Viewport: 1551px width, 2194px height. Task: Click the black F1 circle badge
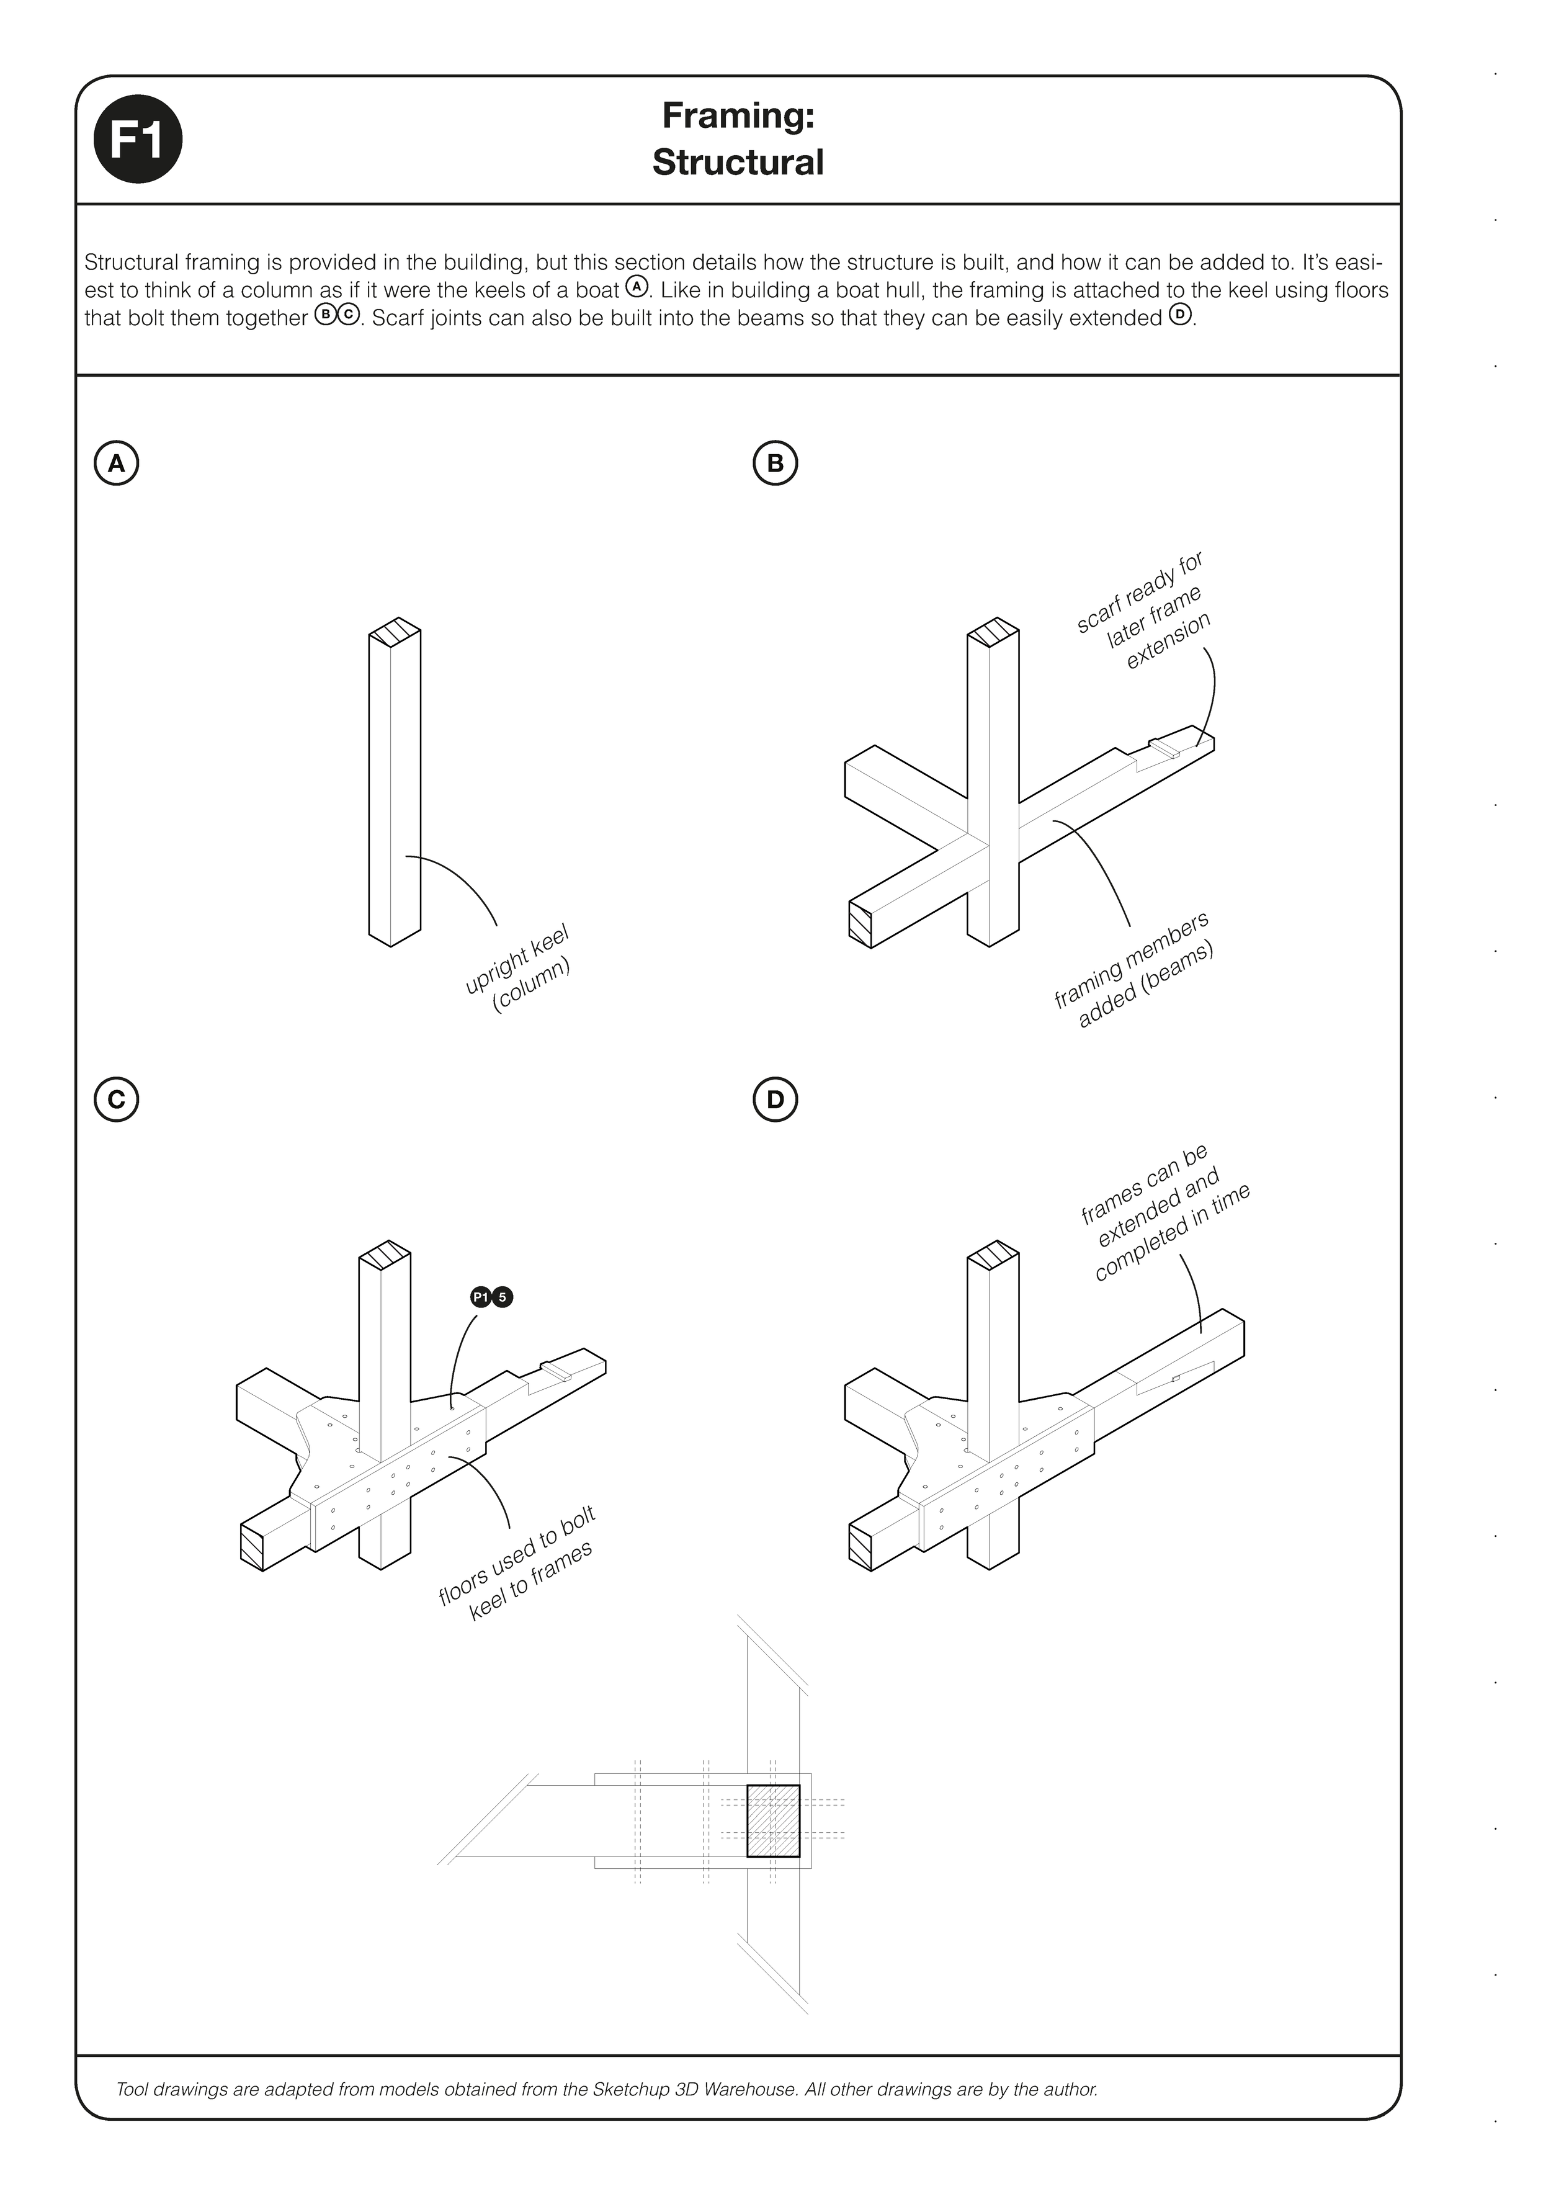point(138,141)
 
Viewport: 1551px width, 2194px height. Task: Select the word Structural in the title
point(737,163)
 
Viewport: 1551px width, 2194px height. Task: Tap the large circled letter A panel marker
point(117,463)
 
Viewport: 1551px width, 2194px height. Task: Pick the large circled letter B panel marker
point(774,463)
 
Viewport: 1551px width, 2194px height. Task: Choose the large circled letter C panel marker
point(117,1100)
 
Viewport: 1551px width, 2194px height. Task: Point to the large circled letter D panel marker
point(774,1100)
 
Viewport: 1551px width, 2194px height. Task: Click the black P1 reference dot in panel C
point(481,1297)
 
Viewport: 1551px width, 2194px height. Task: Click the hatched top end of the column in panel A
point(395,635)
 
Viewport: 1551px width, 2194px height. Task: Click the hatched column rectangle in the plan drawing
point(772,1820)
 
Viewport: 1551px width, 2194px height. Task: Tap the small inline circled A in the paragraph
point(637,287)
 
